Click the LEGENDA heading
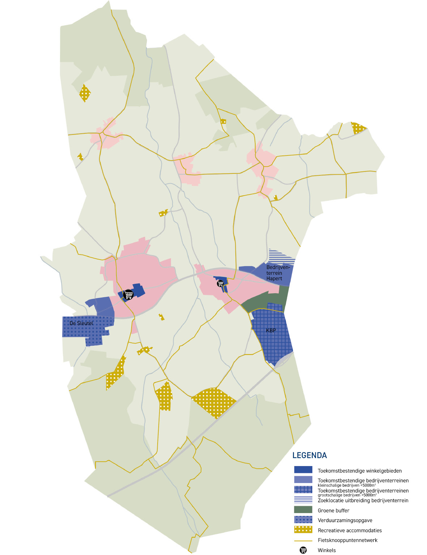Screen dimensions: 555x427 309,455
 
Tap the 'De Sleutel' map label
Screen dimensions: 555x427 81,323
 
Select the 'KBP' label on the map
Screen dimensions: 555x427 271,330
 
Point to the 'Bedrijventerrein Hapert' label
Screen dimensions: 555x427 278,273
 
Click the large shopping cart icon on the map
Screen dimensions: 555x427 128,295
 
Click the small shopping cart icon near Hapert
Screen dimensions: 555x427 220,284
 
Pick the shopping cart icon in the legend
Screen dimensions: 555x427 303,550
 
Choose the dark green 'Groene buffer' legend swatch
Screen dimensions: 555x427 303,510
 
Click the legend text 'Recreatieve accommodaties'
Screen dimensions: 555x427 350,530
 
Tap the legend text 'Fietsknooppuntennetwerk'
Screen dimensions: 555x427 347,540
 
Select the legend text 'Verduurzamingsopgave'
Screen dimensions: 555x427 345,520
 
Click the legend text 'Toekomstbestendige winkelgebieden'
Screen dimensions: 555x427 359,471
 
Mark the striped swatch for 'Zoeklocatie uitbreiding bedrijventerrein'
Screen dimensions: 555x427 303,500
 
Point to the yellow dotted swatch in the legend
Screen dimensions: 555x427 303,530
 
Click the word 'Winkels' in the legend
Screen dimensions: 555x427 326,550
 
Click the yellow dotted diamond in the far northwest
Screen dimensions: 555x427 85,93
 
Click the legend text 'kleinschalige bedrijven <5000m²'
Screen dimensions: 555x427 347,485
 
